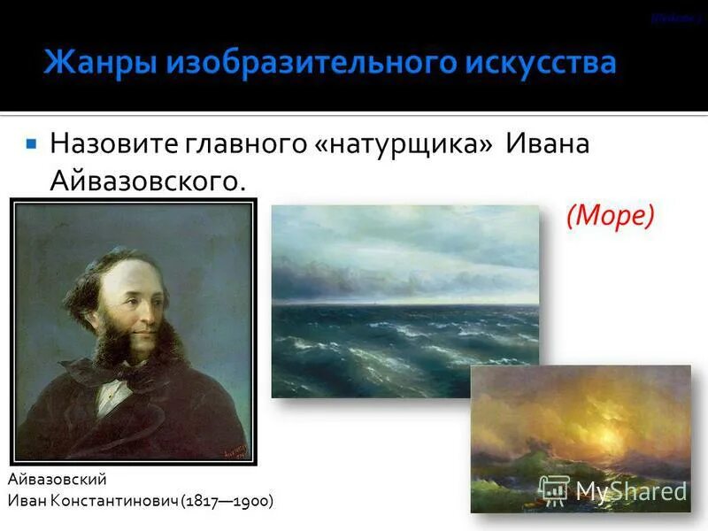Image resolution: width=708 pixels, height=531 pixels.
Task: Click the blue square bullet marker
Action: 31,142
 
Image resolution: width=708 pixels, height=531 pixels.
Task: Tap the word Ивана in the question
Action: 548,143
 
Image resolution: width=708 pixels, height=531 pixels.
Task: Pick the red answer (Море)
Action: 611,215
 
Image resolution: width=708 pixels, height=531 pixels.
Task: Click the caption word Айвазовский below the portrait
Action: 57,479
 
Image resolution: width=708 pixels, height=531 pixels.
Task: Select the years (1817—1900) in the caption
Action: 227,501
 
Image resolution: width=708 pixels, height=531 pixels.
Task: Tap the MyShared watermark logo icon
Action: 554,490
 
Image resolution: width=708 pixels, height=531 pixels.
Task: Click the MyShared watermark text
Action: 631,491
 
